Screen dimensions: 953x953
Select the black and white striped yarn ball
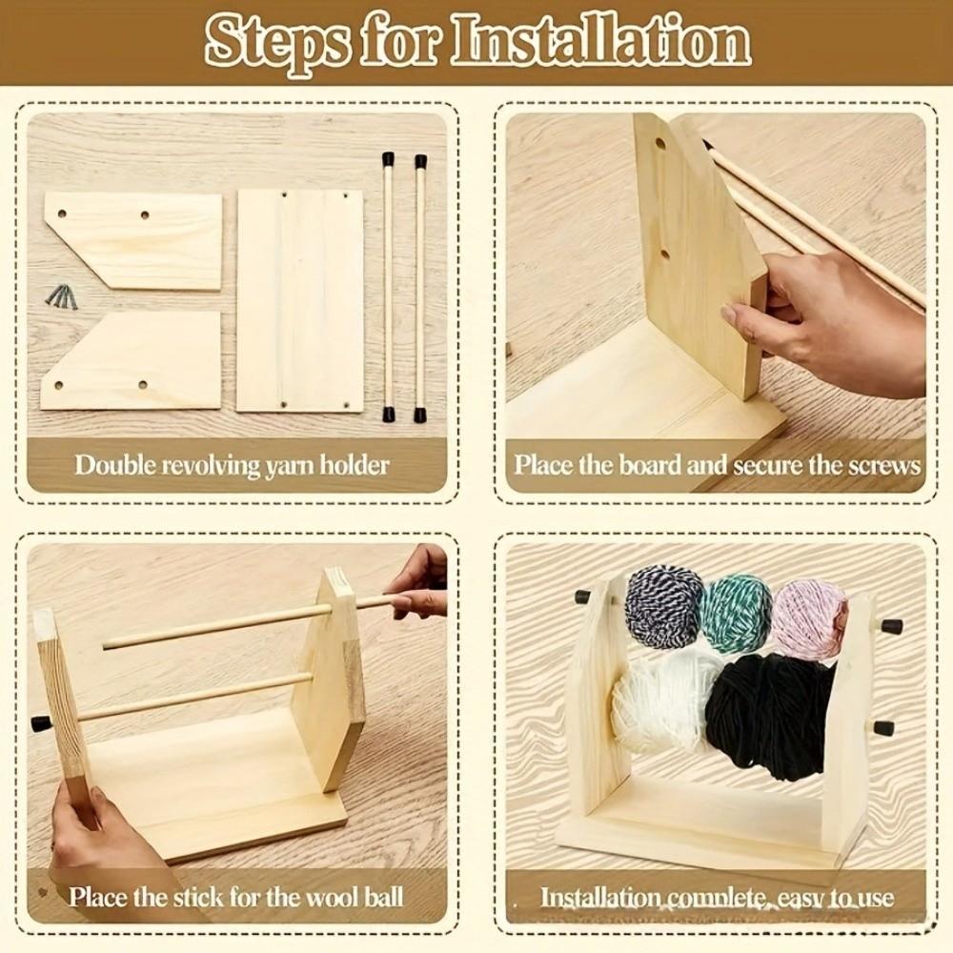tap(663, 607)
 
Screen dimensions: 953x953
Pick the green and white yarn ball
tap(736, 614)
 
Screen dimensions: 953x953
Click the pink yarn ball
tap(808, 618)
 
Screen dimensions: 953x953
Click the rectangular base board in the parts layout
tap(299, 299)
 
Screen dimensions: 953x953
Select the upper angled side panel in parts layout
tap(133, 239)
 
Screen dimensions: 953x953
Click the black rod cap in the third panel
tap(41, 723)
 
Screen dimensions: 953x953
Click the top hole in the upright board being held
tap(659, 143)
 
